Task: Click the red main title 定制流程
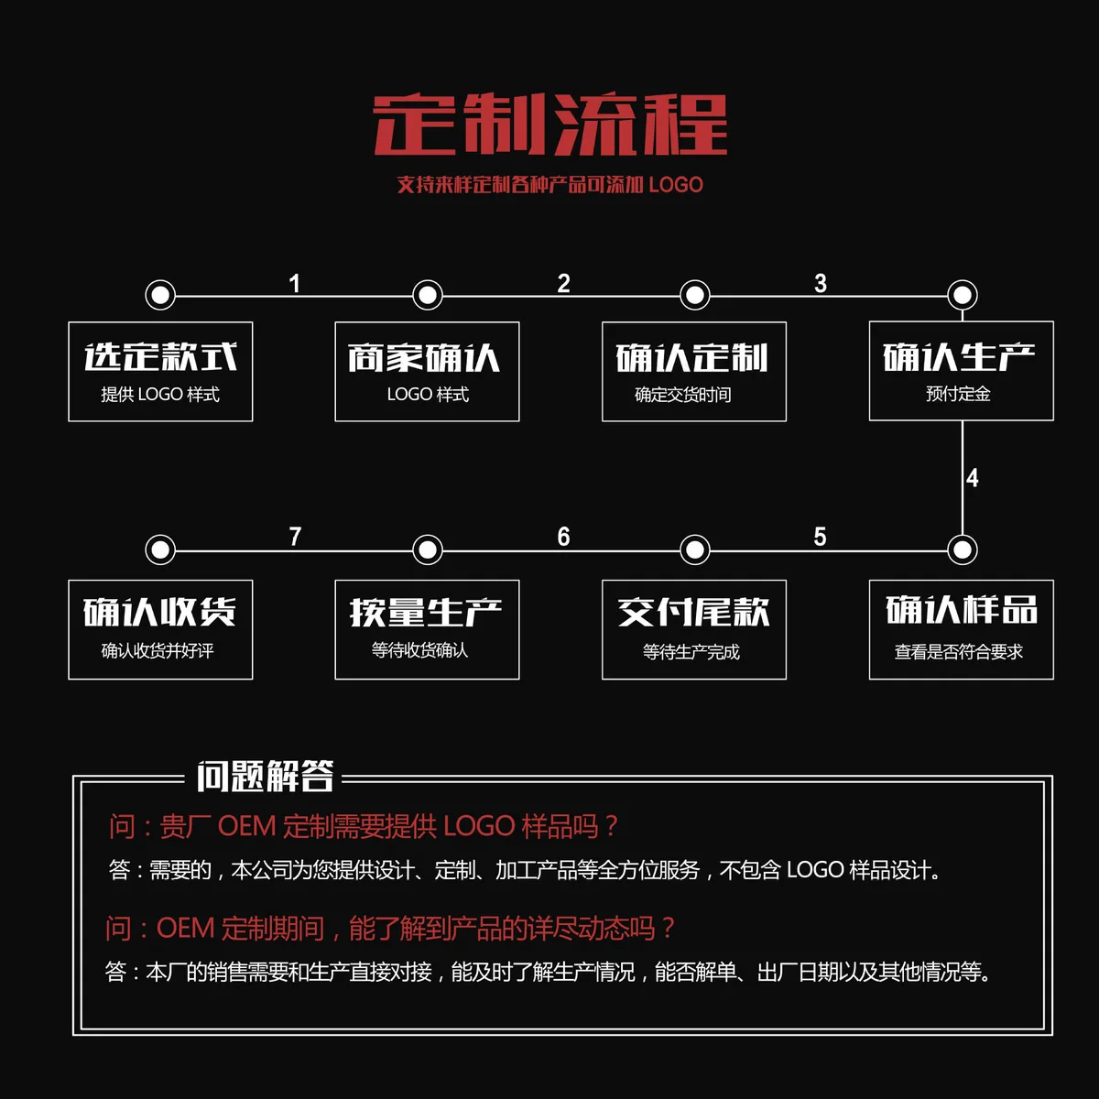point(549,125)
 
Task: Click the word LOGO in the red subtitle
point(676,185)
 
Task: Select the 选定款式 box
point(160,371)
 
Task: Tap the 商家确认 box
point(427,371)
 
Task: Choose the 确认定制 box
point(693,371)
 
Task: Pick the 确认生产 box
point(961,371)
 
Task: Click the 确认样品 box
point(961,629)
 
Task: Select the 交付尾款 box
point(693,629)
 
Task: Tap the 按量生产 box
point(427,629)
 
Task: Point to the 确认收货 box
point(160,629)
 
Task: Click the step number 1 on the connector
point(294,284)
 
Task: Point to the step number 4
point(973,478)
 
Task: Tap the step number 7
point(295,537)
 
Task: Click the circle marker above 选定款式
point(160,295)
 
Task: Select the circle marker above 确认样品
point(962,549)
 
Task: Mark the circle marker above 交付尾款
point(695,549)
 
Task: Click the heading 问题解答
point(265,778)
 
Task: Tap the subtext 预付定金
point(958,394)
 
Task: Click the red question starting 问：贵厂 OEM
point(364,827)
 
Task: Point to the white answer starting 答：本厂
point(548,972)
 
